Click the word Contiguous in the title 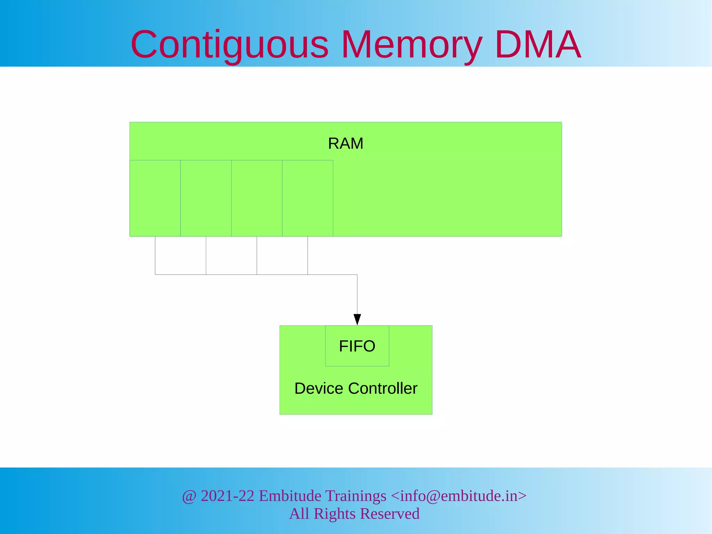pyautogui.click(x=229, y=45)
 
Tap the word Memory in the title pyautogui.click(x=412, y=45)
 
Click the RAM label pyautogui.click(x=346, y=144)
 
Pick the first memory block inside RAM pyautogui.click(x=155, y=198)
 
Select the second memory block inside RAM pyautogui.click(x=206, y=198)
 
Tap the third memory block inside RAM pyautogui.click(x=257, y=198)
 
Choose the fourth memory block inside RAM pyautogui.click(x=307, y=198)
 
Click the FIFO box pyautogui.click(x=357, y=346)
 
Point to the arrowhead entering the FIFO pyautogui.click(x=357, y=319)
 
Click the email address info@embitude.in pyautogui.click(x=459, y=496)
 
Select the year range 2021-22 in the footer pyautogui.click(x=228, y=496)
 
